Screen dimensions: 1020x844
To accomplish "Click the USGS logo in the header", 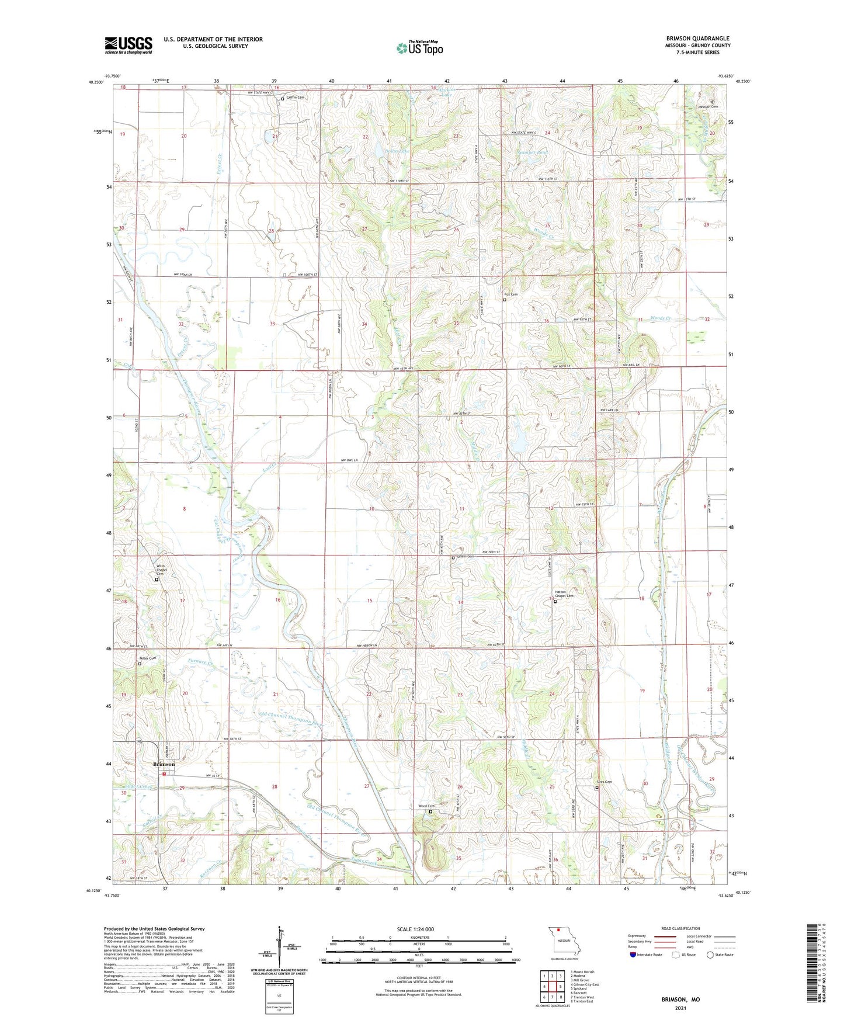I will pos(128,45).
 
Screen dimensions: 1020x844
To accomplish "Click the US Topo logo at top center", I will pos(419,48).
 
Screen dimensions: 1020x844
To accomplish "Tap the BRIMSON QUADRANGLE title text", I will pos(697,39).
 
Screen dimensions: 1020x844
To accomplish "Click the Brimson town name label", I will pos(164,764).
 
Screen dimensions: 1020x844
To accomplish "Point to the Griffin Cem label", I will pos(296,98).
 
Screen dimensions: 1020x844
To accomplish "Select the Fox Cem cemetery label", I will pos(511,294).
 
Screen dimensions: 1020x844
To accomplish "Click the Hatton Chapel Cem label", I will pos(564,594).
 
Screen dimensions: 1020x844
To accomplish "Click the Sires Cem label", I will pos(604,782).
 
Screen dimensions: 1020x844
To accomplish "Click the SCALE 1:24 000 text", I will pos(415,929).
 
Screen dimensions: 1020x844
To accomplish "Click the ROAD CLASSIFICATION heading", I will pos(680,928).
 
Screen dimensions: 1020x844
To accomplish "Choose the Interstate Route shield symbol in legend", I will pos(633,955).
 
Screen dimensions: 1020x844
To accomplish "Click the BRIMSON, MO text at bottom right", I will pos(680,1000).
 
